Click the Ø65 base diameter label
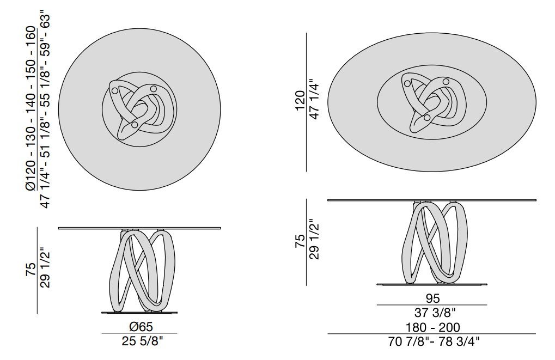pos(139,326)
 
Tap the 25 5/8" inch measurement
pos(143,341)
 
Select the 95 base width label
pos(432,298)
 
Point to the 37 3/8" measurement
pos(435,313)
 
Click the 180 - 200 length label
pos(432,327)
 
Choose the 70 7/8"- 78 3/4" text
pos(434,341)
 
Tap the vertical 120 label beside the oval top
pos(300,101)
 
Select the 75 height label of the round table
pos(31,270)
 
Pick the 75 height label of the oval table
pos(300,241)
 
